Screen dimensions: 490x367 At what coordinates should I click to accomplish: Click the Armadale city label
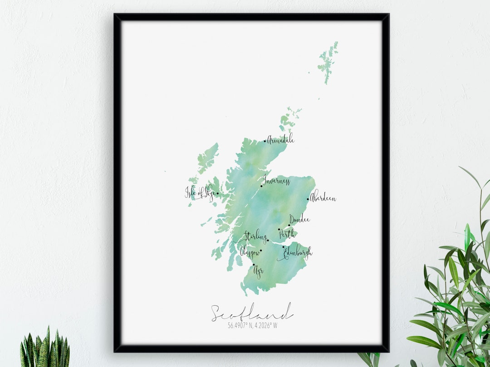pyautogui.click(x=281, y=140)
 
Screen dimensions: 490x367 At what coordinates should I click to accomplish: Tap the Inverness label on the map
pyautogui.click(x=276, y=181)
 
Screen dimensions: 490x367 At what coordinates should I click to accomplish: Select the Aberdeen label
pyautogui.click(x=323, y=198)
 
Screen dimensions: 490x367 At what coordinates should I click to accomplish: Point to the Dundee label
pyautogui.click(x=299, y=220)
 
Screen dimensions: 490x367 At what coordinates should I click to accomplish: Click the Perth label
pyautogui.click(x=287, y=234)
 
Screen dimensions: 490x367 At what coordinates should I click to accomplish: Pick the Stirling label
pyautogui.click(x=255, y=236)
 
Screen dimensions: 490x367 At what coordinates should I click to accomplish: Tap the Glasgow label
pyautogui.click(x=250, y=252)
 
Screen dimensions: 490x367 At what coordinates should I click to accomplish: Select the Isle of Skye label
pyautogui.click(x=200, y=193)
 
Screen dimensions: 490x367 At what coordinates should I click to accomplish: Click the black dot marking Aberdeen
pyautogui.click(x=308, y=199)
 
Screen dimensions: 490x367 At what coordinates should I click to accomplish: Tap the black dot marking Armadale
pyautogui.click(x=265, y=141)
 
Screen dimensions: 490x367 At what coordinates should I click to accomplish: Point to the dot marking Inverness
pyautogui.click(x=261, y=186)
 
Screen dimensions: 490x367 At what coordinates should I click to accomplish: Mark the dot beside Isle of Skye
pyautogui.click(x=217, y=193)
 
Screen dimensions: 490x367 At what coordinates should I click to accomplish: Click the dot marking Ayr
pyautogui.click(x=254, y=265)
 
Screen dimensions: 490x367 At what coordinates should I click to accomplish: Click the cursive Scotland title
pyautogui.click(x=252, y=313)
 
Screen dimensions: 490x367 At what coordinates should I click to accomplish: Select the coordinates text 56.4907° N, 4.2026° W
pyautogui.click(x=252, y=325)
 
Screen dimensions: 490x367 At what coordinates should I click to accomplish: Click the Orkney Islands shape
pyautogui.click(x=289, y=119)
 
